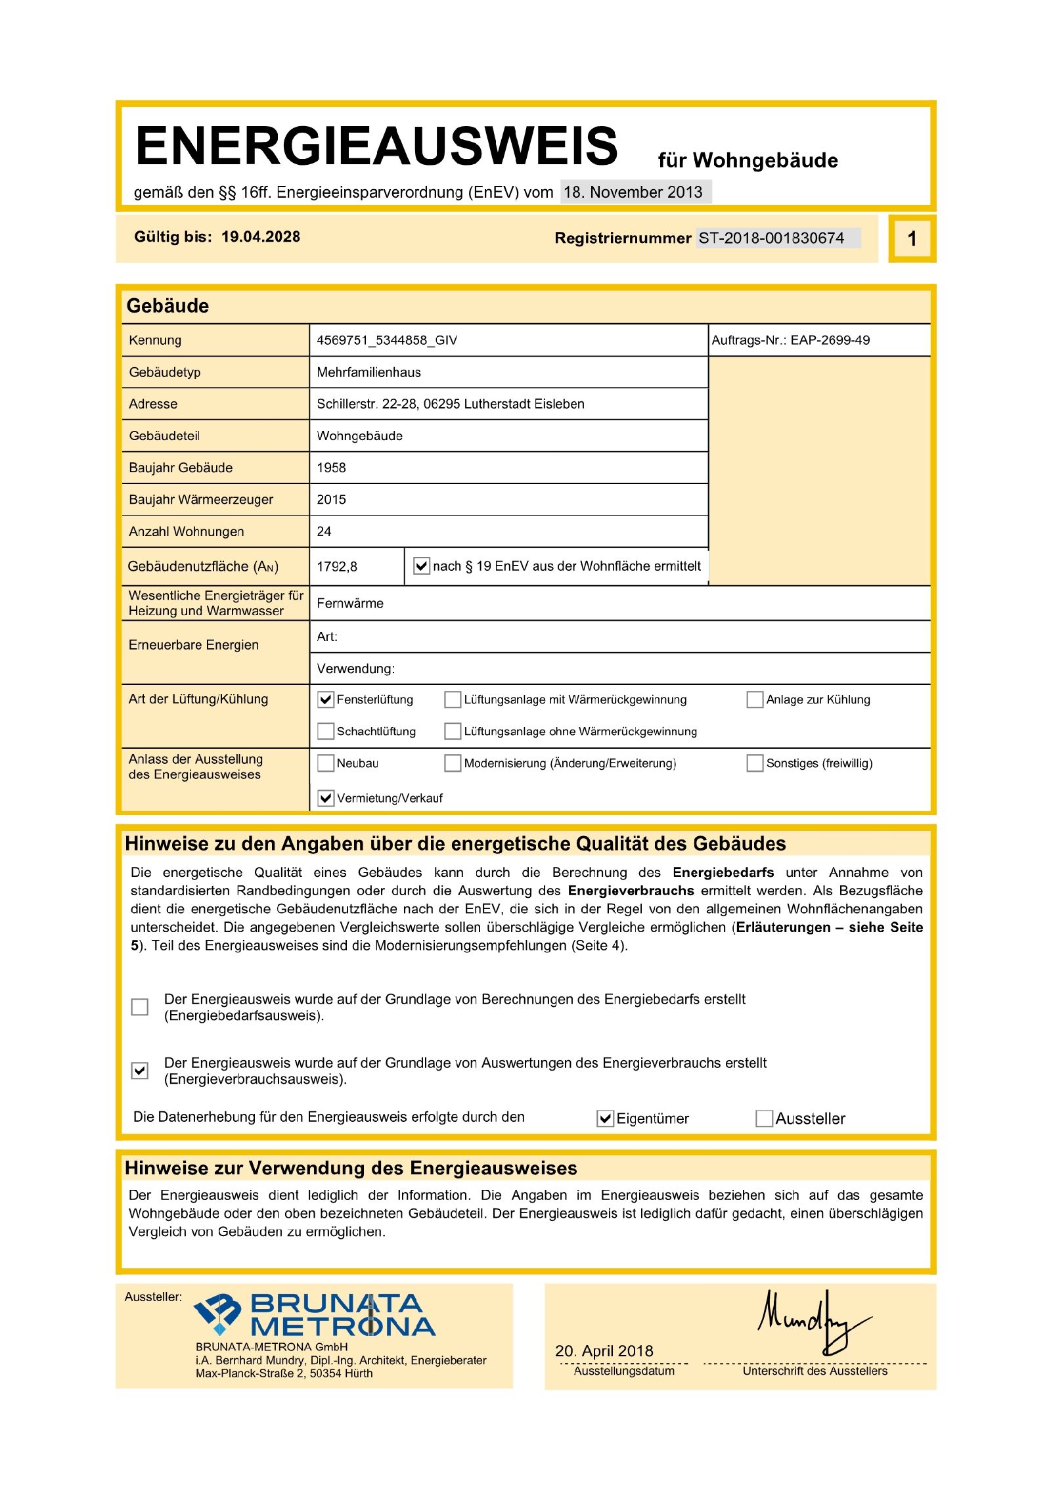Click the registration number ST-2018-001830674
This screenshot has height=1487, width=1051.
click(x=771, y=238)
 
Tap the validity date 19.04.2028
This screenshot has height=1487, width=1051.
click(x=260, y=236)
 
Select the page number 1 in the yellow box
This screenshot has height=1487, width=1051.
click(x=911, y=238)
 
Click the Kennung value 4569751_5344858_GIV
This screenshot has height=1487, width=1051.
click(x=386, y=340)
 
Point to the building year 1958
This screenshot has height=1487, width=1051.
click(x=331, y=468)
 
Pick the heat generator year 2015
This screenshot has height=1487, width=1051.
click(x=331, y=499)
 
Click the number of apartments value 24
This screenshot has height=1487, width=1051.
click(x=324, y=531)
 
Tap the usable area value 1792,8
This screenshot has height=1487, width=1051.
click(x=336, y=566)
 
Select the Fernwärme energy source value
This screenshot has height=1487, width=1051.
click(x=349, y=603)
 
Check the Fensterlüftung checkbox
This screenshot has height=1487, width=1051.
click(x=325, y=699)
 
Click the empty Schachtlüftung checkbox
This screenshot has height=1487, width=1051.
click(x=325, y=731)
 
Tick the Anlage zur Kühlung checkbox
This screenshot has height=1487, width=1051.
click(x=755, y=699)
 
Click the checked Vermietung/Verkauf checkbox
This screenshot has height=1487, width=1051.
click(x=325, y=798)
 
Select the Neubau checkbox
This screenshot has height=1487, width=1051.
click(x=325, y=763)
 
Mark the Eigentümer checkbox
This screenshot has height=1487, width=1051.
click(x=604, y=1118)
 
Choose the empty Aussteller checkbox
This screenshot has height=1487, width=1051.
click(x=764, y=1118)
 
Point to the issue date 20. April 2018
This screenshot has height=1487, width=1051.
click(x=604, y=1350)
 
